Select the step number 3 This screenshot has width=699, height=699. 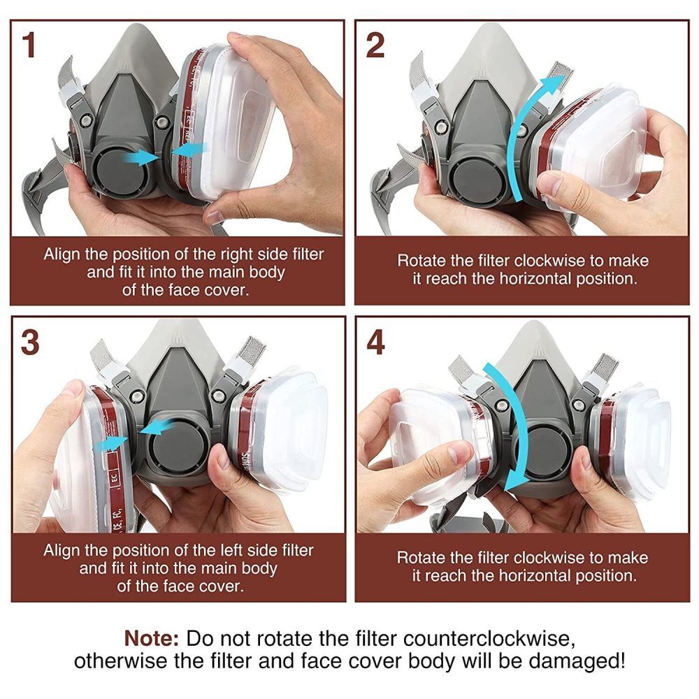pyautogui.click(x=29, y=342)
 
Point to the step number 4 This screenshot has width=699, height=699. pyautogui.click(x=375, y=342)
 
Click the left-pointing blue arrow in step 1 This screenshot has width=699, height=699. pyautogui.click(x=189, y=149)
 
